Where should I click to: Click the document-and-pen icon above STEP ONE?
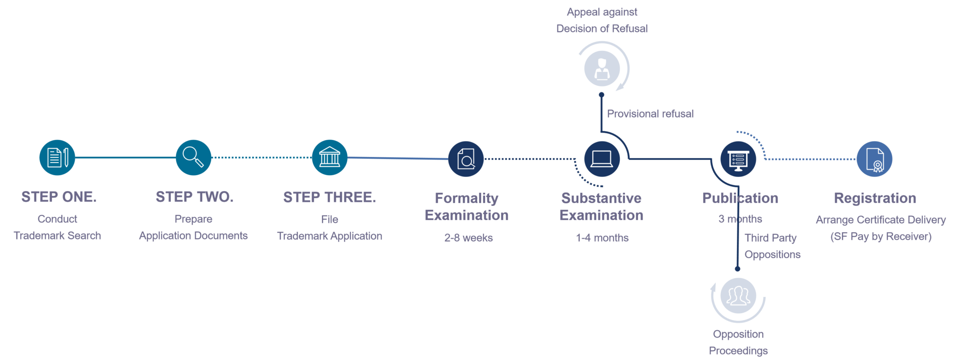(57, 157)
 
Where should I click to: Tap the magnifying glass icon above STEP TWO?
(193, 157)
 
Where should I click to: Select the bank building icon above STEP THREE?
(330, 157)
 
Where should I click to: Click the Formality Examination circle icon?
(466, 159)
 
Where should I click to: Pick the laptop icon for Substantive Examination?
(602, 159)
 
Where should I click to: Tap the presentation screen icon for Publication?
(738, 159)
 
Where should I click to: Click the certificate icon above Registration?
(874, 159)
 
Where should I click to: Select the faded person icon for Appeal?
(602, 69)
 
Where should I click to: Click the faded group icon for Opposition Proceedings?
(738, 296)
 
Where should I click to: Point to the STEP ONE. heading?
(59, 197)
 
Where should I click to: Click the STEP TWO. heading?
(195, 197)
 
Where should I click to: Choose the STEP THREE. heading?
(330, 198)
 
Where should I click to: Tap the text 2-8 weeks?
(468, 238)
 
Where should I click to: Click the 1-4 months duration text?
(602, 238)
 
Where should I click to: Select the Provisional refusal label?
(650, 113)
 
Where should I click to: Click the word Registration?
(875, 198)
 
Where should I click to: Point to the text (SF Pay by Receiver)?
(881, 236)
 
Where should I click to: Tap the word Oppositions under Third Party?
(773, 254)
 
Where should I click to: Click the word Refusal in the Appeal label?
(630, 28)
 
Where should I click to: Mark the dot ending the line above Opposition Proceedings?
(738, 268)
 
